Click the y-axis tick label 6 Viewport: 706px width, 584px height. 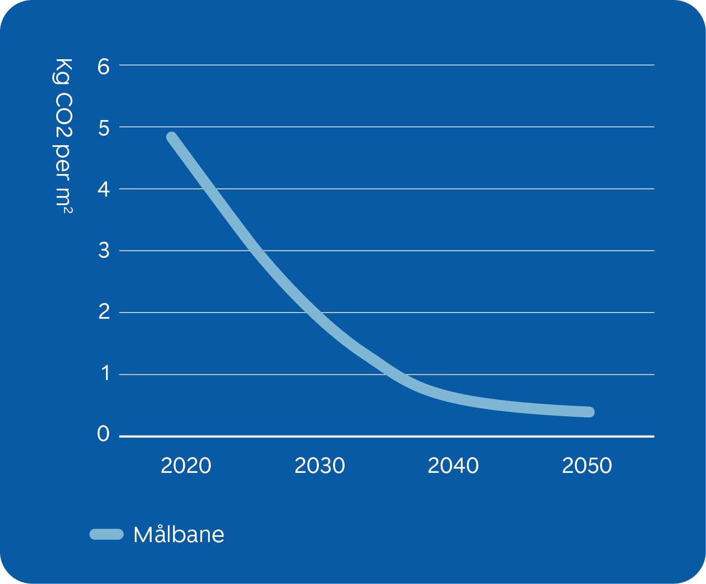point(103,67)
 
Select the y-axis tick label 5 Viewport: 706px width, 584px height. point(103,128)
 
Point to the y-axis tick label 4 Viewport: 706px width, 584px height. point(103,190)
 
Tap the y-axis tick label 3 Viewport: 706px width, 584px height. point(103,251)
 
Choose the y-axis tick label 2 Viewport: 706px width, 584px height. point(103,312)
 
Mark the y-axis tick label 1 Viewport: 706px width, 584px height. point(105,374)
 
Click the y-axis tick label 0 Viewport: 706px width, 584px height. point(103,435)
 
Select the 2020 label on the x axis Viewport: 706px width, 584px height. point(186,466)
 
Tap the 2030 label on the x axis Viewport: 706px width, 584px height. point(319,466)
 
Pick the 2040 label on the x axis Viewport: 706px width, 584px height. point(453,466)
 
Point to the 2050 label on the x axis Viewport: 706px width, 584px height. point(587,466)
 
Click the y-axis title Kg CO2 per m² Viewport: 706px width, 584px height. point(64,136)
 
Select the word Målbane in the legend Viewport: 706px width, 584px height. point(179,535)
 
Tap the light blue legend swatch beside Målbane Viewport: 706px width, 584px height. point(106,534)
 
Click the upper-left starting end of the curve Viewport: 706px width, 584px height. point(172,137)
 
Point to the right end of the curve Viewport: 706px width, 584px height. point(590,412)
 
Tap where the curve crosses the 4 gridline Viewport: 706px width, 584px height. point(208,189)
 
